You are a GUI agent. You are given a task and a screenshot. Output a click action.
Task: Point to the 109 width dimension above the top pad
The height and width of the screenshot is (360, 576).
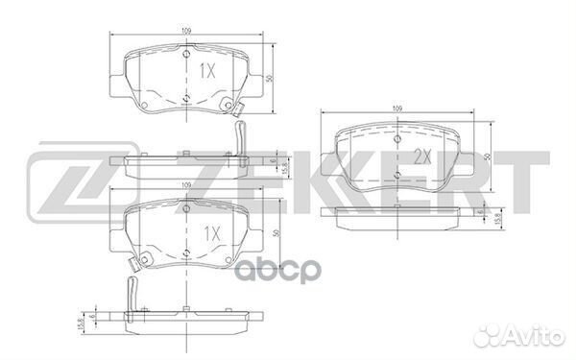(x=187, y=32)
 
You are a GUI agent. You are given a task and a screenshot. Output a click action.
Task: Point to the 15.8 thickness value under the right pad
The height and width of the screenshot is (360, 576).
(x=497, y=220)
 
